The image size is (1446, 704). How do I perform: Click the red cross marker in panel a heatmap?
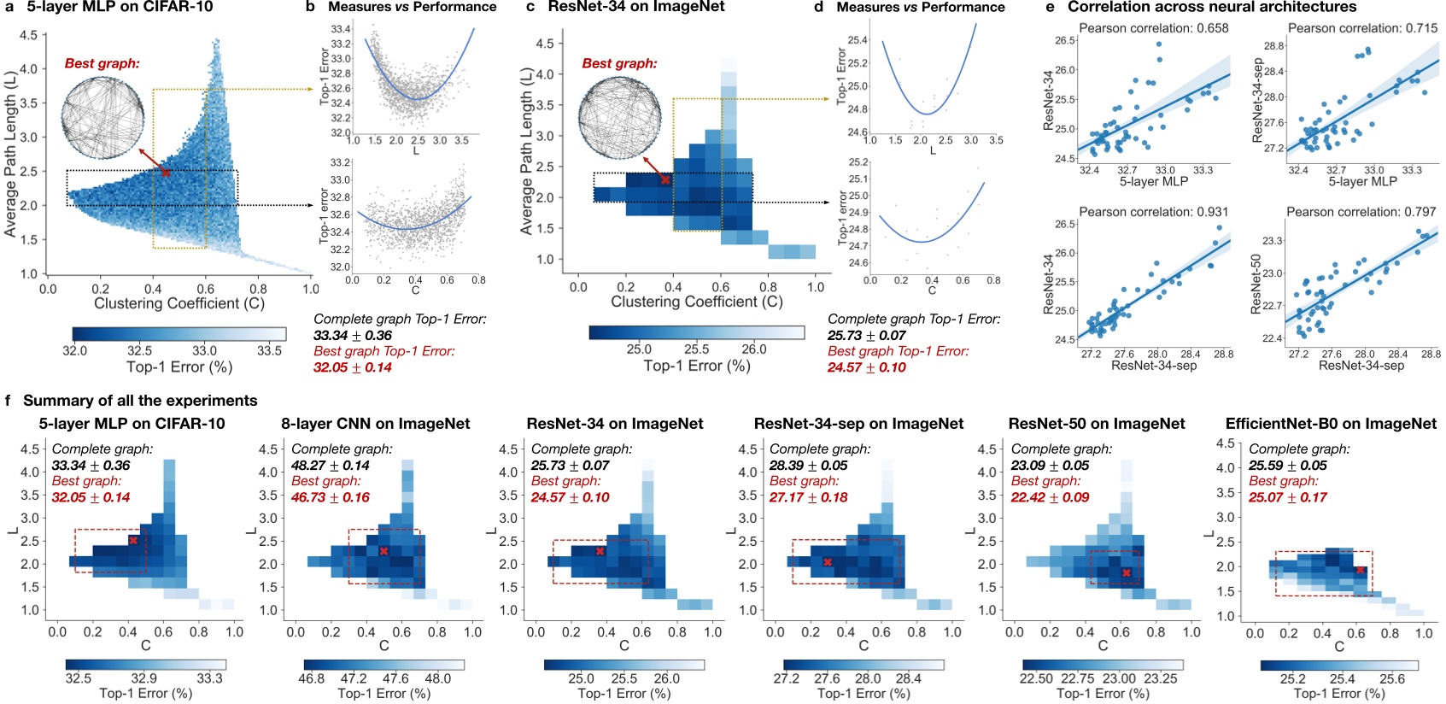coord(167,173)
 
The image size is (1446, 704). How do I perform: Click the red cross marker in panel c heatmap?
coord(665,179)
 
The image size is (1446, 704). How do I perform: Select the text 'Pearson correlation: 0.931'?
coord(1153,211)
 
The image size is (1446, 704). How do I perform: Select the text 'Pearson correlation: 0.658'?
coord(1153,28)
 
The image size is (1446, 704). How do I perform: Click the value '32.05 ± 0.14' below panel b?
coord(353,367)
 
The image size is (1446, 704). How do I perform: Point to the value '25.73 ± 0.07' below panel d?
coord(866,335)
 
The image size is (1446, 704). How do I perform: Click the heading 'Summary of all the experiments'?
coord(140,401)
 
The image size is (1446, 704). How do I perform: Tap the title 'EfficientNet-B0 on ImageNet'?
coord(1331,424)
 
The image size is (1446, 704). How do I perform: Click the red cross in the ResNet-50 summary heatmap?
coord(1127,572)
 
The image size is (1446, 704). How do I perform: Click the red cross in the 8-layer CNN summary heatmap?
coord(383,551)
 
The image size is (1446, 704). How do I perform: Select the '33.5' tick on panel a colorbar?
coord(269,350)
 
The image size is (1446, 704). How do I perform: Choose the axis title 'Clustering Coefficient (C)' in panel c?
coord(696,302)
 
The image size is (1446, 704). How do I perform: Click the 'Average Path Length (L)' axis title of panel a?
coord(10,154)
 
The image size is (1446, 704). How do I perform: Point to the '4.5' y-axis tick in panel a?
coord(28,36)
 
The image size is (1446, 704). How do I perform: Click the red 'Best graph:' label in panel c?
coord(619,63)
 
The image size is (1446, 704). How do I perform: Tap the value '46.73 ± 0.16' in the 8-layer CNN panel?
coord(330,497)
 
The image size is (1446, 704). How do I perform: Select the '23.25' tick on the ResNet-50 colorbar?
coord(1160,678)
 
